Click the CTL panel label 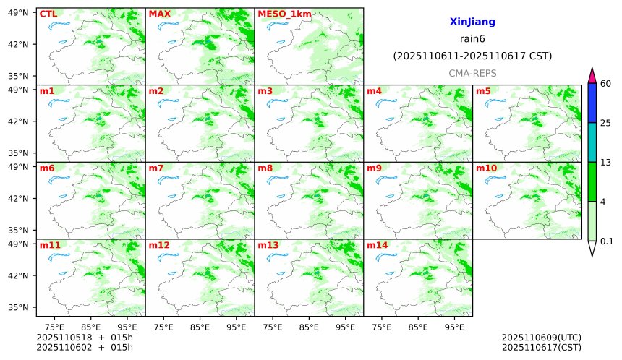(48, 14)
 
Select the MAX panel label (159, 14)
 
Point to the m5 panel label (483, 91)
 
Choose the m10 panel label (486, 168)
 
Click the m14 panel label (378, 245)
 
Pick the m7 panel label (156, 168)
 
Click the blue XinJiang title (472, 22)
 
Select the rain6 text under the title (472, 39)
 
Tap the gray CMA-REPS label (472, 73)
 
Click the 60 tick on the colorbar (606, 84)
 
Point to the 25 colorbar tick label (606, 123)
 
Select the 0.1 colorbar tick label (607, 241)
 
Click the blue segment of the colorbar (592, 103)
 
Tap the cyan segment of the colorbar (592, 142)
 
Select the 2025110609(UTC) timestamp (541, 338)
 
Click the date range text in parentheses (472, 56)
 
